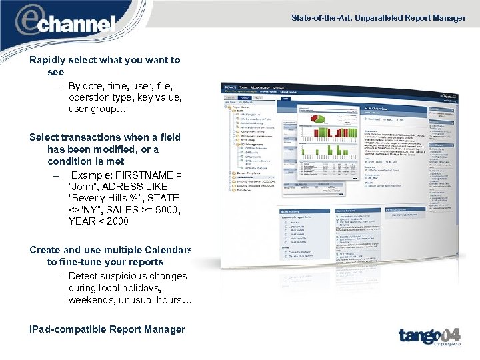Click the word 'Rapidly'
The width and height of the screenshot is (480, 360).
click(48, 60)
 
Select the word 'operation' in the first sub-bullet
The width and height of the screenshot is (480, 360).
click(90, 97)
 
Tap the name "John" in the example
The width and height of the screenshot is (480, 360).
click(82, 186)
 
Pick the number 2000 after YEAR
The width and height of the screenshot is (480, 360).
click(116, 221)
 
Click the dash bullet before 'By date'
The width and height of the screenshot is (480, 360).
click(58, 86)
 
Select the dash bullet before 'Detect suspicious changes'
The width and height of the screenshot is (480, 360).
click(58, 277)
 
